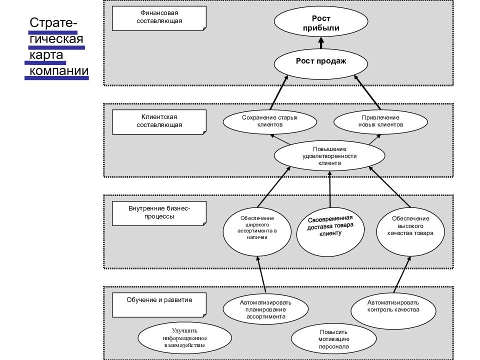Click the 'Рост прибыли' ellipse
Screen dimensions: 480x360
pos(321,21)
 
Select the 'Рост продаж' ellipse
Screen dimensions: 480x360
pos(321,63)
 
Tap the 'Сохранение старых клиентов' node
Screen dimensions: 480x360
pos(269,121)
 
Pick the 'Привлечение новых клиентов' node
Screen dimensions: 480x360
pos(380,121)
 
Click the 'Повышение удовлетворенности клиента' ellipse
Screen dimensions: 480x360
pos(329,155)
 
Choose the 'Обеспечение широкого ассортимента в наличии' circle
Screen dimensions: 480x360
pos(257,231)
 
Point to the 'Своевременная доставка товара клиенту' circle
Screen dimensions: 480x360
pos(330,231)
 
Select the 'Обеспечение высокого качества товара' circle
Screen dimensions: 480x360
pos(410,231)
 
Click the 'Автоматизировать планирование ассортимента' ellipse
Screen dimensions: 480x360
pos(265,309)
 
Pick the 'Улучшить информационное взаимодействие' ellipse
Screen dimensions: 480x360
pos(184,338)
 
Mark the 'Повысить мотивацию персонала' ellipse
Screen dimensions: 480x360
pos(333,339)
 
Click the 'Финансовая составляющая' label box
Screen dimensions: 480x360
pos(159,18)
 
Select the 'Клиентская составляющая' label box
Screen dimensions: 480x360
pos(159,122)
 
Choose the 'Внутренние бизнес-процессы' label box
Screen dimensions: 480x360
pos(159,213)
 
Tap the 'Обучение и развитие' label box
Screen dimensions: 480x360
pos(159,305)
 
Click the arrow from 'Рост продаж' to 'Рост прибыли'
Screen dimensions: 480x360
pos(321,43)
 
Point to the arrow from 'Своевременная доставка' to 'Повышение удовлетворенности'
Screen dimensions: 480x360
pos(330,189)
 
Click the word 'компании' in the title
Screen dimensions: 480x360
pos(59,70)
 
